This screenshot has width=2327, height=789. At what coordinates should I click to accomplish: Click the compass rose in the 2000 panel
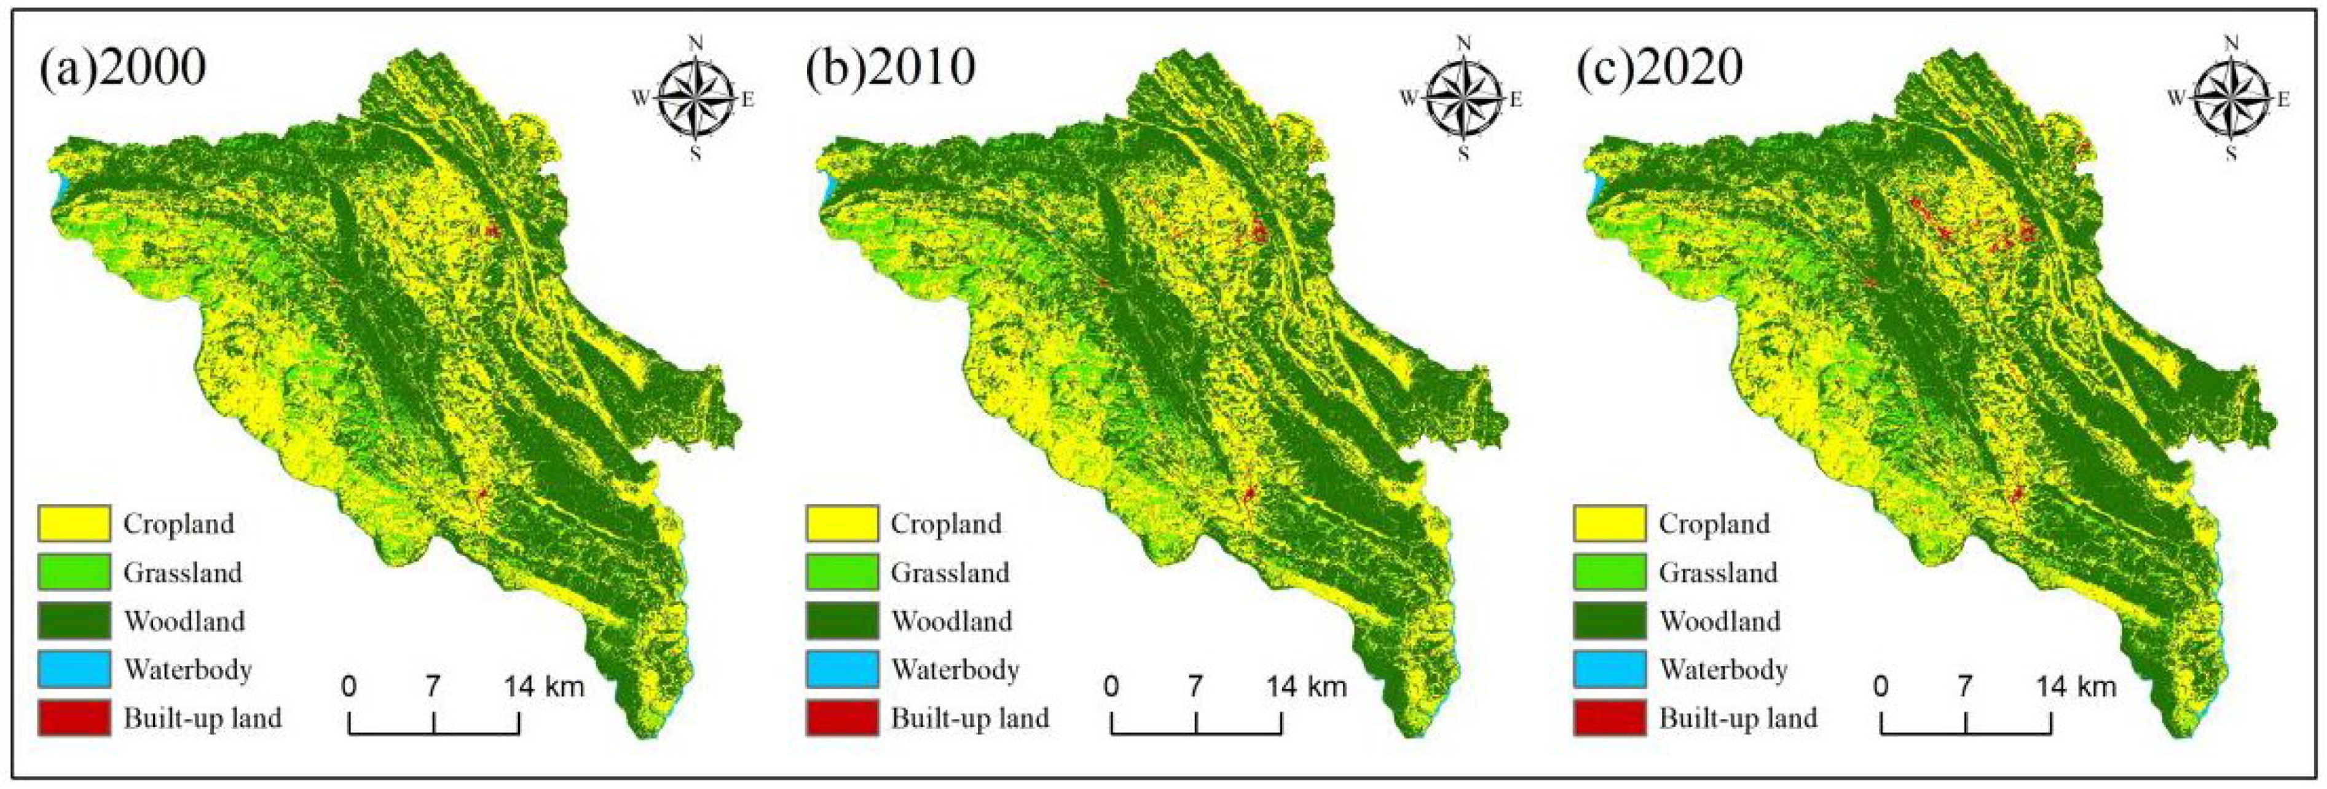[x=695, y=98]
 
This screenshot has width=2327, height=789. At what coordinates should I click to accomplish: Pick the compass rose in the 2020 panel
[x=2231, y=98]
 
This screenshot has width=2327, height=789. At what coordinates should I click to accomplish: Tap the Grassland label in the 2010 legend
[x=950, y=572]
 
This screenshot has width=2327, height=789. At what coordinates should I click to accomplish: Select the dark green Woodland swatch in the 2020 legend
[x=1609, y=621]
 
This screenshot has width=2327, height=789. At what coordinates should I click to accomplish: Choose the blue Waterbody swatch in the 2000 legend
[x=74, y=670]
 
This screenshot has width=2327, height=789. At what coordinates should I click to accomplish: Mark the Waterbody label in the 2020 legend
[x=1723, y=670]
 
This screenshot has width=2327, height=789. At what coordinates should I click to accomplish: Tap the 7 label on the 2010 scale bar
[x=1195, y=687]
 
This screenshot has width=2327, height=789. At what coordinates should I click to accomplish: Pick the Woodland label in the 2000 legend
[x=184, y=621]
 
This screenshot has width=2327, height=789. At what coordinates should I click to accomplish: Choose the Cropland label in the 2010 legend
[x=946, y=523]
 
